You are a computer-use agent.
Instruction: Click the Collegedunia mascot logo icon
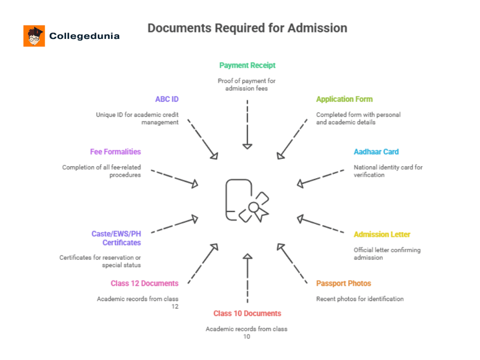(34, 36)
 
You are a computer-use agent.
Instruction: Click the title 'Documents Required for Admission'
(247, 28)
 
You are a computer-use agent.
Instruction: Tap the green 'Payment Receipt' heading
(247, 65)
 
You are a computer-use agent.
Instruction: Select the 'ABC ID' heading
(166, 99)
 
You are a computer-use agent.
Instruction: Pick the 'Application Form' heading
(344, 99)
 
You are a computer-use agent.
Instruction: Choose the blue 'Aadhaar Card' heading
(376, 152)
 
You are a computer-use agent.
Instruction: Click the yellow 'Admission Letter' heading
(382, 235)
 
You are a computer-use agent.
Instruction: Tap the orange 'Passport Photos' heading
(343, 283)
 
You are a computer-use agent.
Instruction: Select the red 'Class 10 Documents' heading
(247, 314)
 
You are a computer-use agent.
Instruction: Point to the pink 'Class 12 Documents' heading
(145, 283)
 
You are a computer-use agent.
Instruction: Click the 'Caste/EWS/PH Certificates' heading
(116, 238)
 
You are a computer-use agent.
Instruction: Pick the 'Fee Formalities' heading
(115, 152)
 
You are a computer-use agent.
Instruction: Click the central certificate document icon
(246, 201)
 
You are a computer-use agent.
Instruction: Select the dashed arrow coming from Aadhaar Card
(321, 178)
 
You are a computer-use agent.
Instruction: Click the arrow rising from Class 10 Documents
(247, 277)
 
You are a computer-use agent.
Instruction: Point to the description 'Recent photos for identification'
(359, 299)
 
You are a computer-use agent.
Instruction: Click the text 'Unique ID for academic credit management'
(137, 118)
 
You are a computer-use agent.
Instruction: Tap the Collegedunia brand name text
(84, 36)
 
